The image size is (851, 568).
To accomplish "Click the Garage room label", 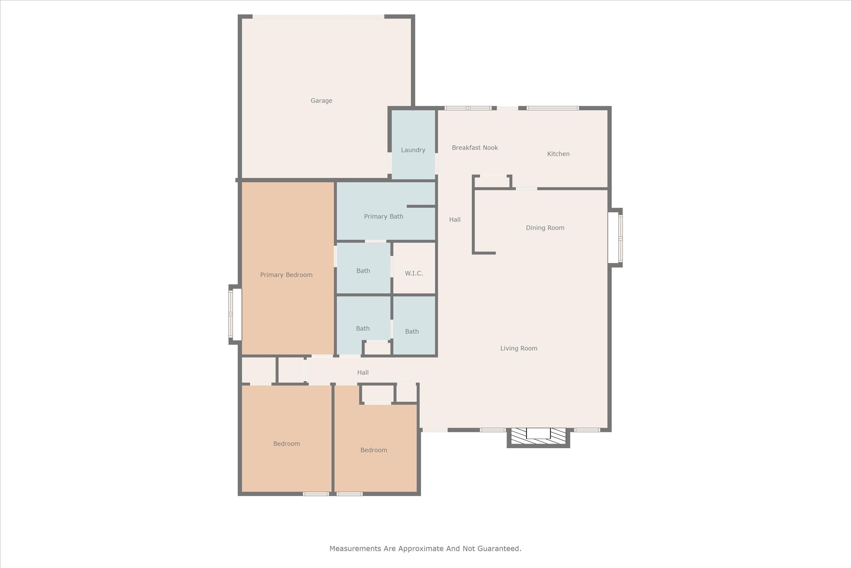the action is (x=321, y=101).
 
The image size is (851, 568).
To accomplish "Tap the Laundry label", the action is (x=413, y=150).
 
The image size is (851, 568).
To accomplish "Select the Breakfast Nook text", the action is (x=475, y=148).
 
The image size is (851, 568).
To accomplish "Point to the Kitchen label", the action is (x=558, y=154).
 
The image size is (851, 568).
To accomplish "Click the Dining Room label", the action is (x=545, y=228).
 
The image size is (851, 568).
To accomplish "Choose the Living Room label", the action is (x=519, y=348).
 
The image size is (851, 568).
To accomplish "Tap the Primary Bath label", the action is (x=384, y=216).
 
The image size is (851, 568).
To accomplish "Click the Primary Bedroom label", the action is (x=286, y=275).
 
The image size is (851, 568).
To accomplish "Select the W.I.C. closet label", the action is (x=414, y=273).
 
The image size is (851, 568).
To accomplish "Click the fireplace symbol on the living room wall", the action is (x=538, y=437).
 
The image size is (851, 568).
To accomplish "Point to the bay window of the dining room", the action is (x=615, y=237).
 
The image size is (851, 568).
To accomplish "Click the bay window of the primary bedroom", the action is (x=235, y=315).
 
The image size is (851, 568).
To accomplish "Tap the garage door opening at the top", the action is (x=318, y=17).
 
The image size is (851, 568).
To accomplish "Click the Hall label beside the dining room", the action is (x=455, y=220).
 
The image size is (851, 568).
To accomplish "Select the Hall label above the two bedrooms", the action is (x=363, y=373).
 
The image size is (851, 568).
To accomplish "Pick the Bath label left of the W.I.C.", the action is (x=363, y=271).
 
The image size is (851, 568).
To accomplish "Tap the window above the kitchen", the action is (x=553, y=108).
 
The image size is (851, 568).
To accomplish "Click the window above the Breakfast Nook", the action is (x=468, y=108).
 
